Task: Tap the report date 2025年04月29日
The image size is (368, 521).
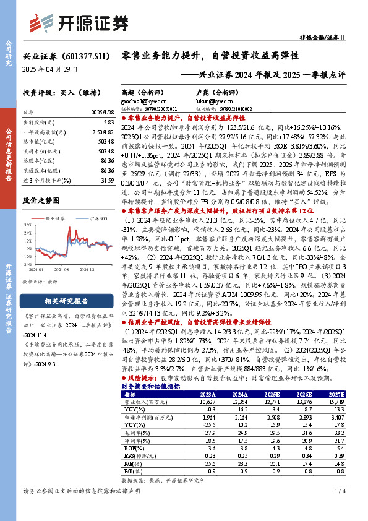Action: (x=51, y=69)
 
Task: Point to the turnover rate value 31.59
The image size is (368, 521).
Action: (x=108, y=181)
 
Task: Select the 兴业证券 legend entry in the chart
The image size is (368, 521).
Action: (x=58, y=219)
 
